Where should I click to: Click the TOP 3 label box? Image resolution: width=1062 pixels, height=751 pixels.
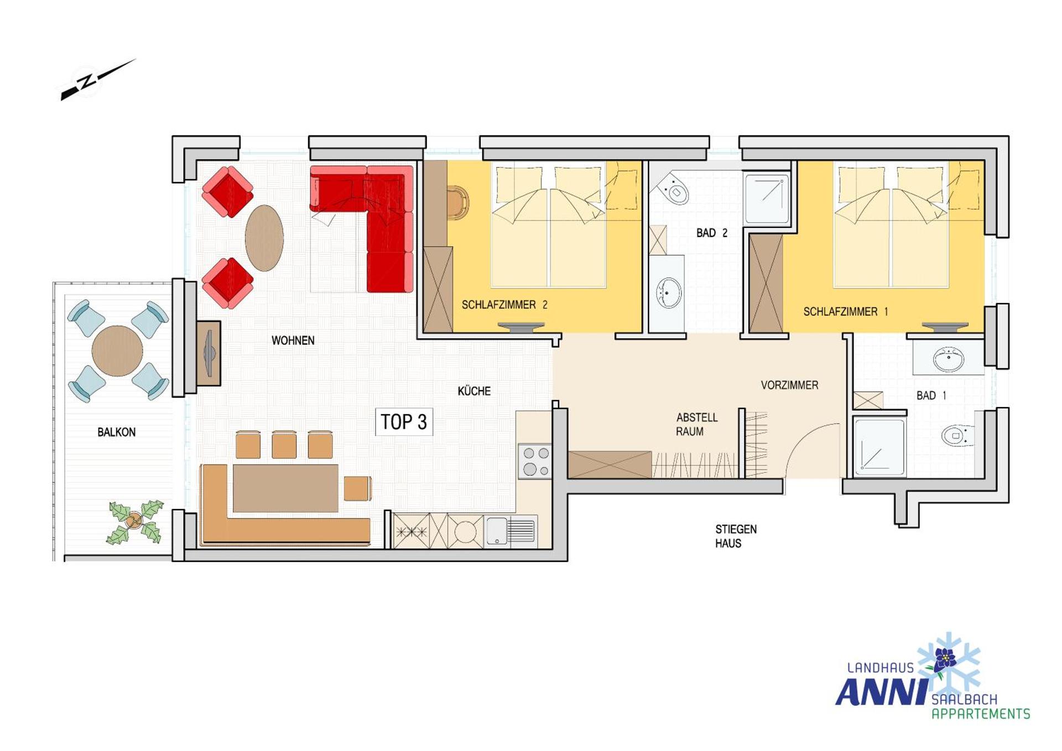click(x=404, y=422)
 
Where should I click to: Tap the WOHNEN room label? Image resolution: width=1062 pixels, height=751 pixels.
click(x=293, y=341)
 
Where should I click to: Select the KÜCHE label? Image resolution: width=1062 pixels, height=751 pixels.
click(x=474, y=392)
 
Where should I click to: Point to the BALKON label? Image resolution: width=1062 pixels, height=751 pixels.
click(x=116, y=432)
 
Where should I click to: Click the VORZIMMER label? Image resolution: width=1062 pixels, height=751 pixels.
click(x=789, y=385)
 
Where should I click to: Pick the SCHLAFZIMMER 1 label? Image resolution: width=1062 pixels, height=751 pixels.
click(x=845, y=312)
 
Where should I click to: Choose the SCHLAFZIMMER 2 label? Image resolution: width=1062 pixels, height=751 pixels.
click(x=504, y=305)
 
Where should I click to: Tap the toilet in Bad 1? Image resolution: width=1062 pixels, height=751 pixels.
click(x=956, y=435)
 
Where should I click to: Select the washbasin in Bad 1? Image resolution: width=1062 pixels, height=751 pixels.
click(x=949, y=359)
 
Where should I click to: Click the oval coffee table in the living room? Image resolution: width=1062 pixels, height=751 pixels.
click(x=264, y=238)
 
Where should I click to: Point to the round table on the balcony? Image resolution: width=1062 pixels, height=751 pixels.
click(x=117, y=351)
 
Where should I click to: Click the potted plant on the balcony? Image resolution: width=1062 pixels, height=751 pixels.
click(x=134, y=521)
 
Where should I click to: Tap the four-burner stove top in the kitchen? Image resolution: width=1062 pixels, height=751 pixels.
click(x=535, y=461)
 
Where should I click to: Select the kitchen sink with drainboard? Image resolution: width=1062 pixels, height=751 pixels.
click(x=510, y=531)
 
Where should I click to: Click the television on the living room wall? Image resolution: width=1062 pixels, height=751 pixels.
click(x=209, y=353)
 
